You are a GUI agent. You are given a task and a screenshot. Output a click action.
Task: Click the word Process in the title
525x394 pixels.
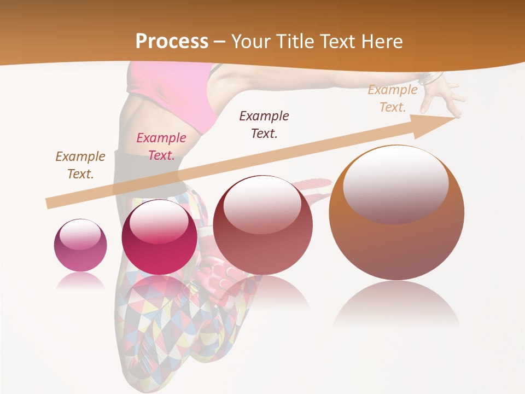[172, 42]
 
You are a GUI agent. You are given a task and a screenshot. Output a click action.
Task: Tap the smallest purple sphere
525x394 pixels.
[80, 245]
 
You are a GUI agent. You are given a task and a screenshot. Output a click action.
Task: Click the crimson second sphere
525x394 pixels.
[159, 237]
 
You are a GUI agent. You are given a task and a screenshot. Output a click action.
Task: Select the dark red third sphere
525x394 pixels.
[262, 225]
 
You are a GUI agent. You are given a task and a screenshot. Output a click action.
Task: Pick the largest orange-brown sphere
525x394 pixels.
[396, 213]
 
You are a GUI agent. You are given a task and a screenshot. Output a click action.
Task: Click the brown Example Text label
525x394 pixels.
[80, 165]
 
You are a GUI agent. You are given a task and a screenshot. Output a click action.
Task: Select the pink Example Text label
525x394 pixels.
[161, 147]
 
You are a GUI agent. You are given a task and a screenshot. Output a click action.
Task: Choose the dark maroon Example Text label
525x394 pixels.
[264, 124]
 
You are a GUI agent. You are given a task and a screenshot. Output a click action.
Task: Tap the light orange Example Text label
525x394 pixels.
[393, 99]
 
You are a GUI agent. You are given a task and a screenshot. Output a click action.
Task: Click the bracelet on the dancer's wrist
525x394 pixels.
[431, 78]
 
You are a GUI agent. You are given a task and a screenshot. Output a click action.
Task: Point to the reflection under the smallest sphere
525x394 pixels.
[80, 281]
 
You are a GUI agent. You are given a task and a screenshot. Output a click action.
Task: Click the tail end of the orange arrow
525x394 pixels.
[49, 204]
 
